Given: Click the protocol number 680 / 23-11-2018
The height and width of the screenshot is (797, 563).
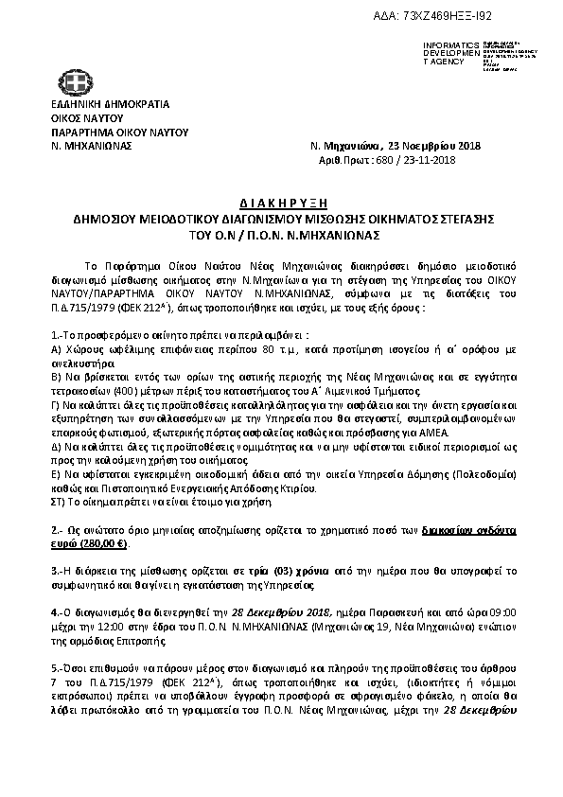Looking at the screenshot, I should (x=414, y=161).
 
